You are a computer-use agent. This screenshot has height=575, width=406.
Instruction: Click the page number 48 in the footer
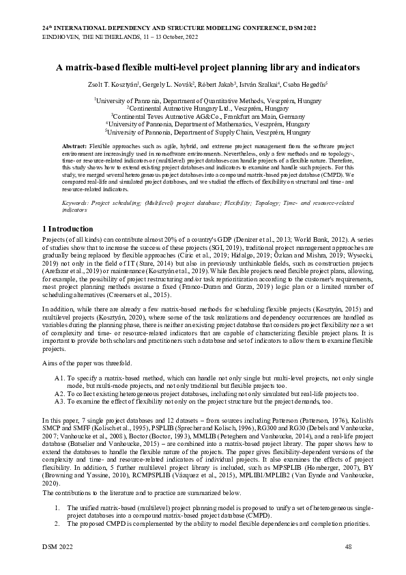349,546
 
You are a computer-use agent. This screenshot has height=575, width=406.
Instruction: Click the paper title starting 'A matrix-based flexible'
203,68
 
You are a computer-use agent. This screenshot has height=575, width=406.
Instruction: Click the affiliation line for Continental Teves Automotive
203,117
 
